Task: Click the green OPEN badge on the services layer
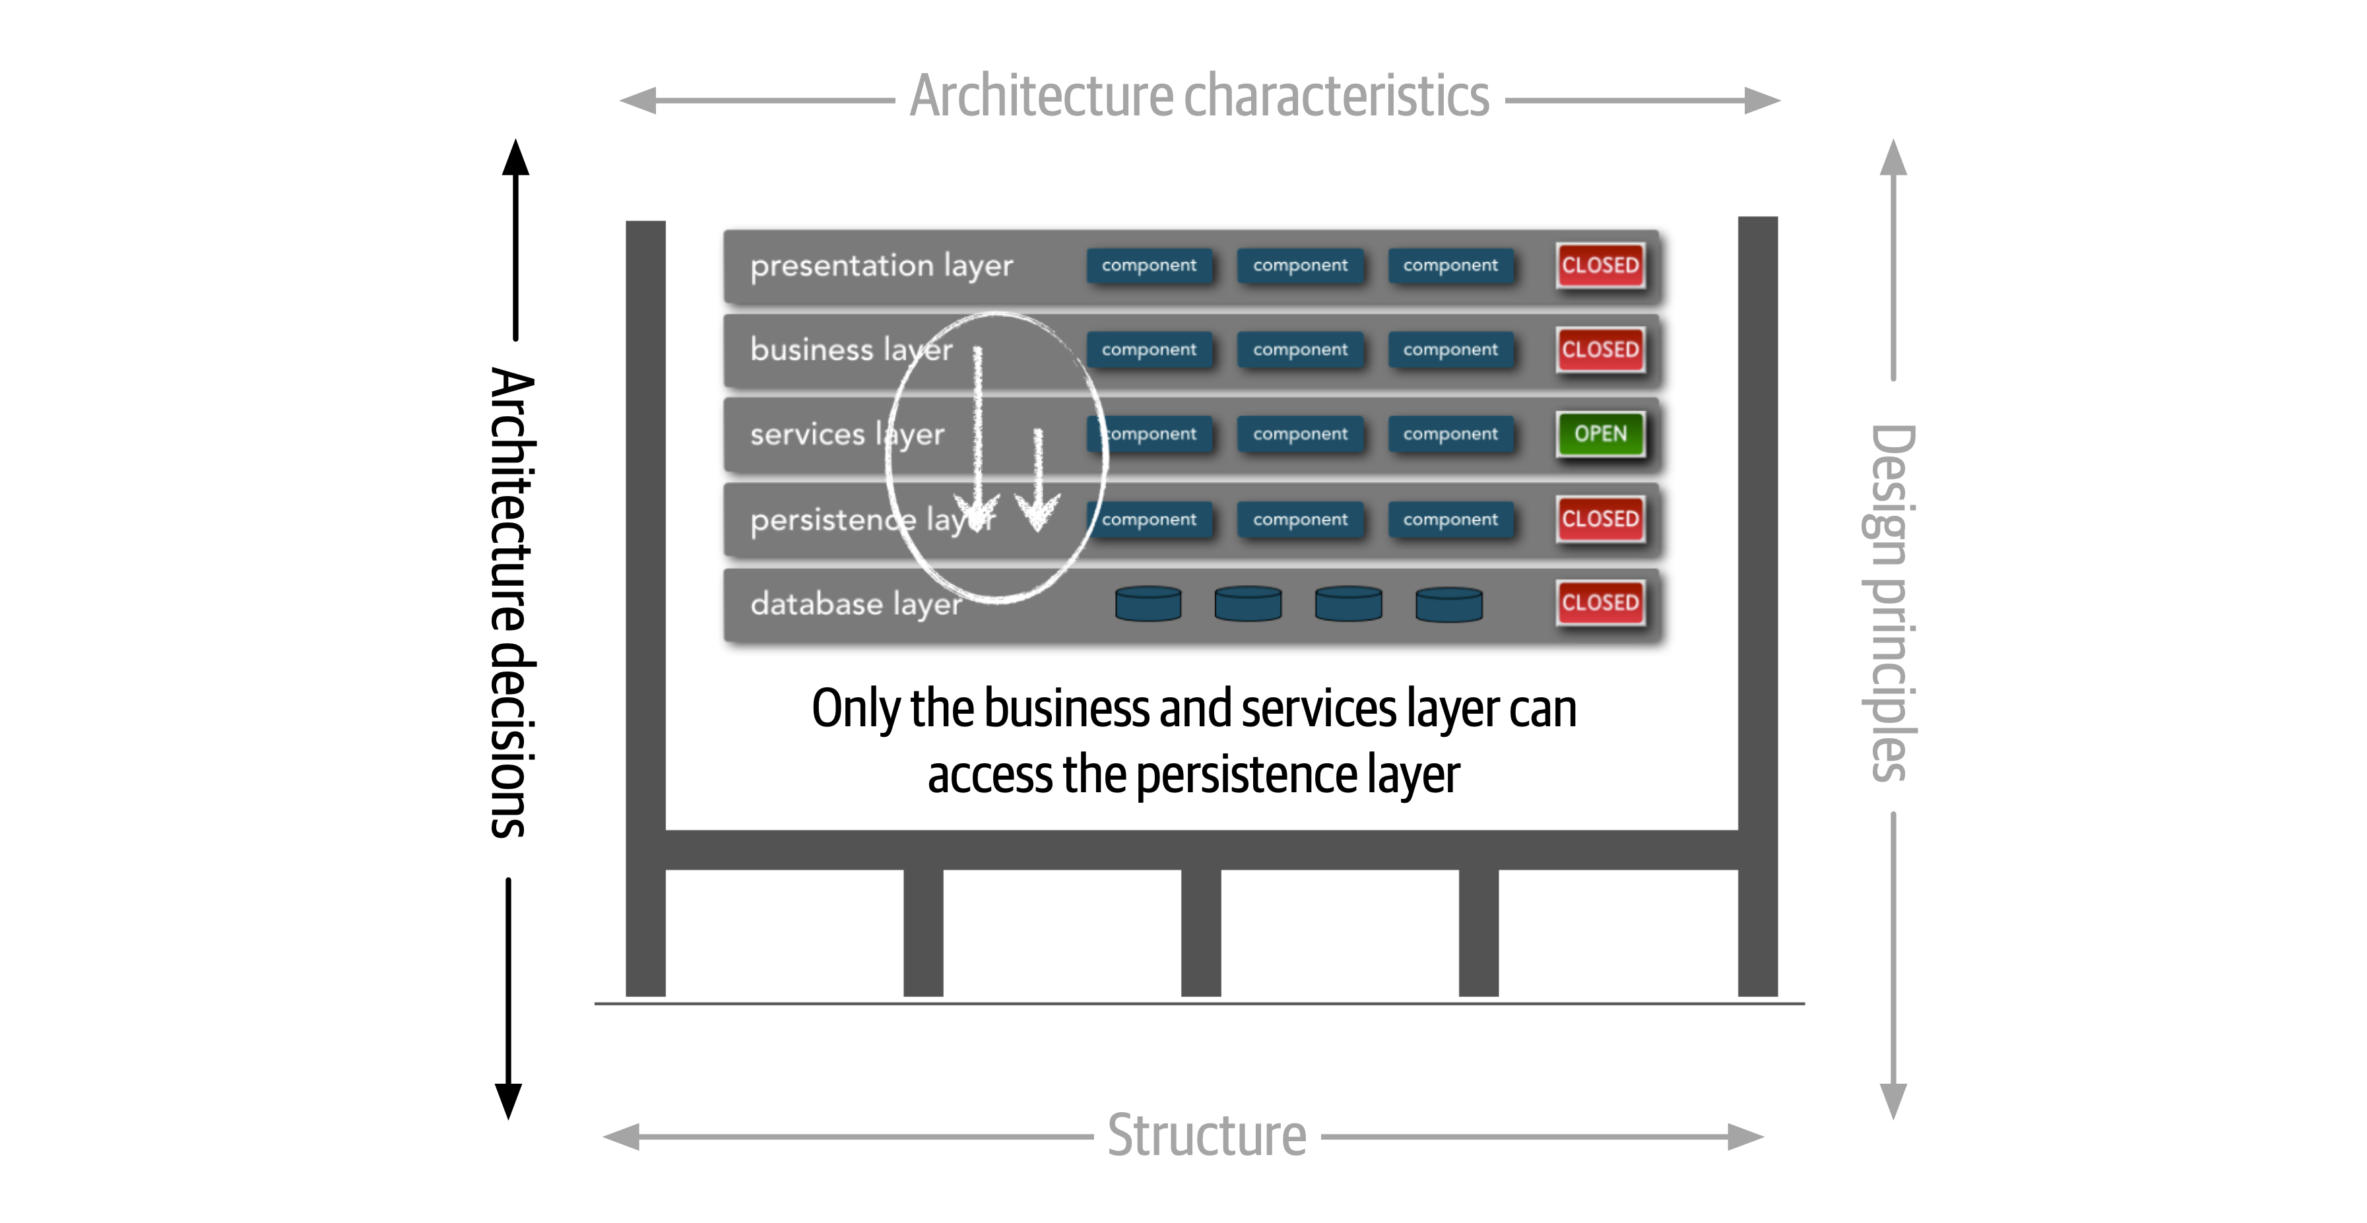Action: [1600, 433]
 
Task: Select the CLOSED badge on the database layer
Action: [1600, 603]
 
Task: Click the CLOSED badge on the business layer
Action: [1600, 349]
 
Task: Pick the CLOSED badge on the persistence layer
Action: [1600, 518]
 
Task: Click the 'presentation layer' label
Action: [880, 266]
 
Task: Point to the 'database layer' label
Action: [855, 604]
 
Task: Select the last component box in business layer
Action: [1450, 349]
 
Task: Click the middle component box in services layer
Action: [1299, 433]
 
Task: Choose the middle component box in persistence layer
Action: [1299, 519]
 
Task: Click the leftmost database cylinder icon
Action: [1148, 604]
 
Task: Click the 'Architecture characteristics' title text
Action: [1198, 96]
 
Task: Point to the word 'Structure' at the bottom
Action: [1206, 1136]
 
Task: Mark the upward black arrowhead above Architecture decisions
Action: [515, 158]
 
